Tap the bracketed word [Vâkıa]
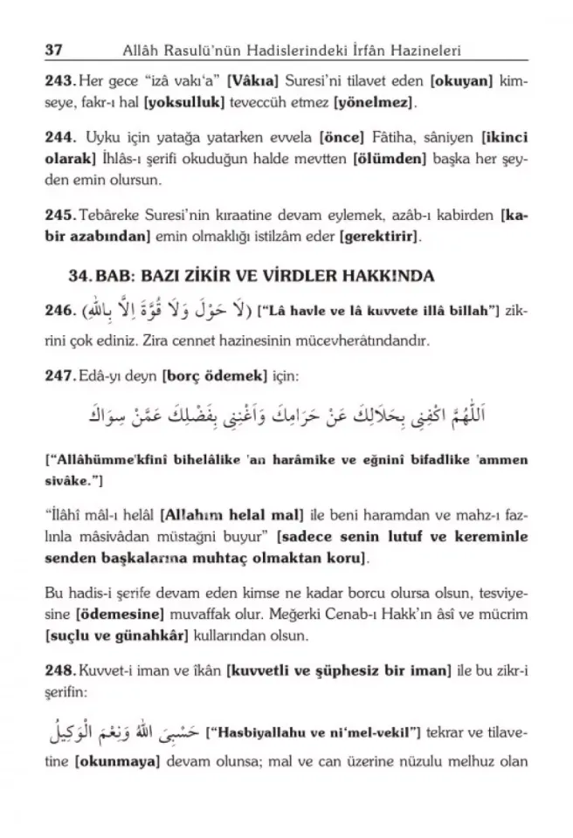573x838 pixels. pyautogui.click(x=254, y=80)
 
